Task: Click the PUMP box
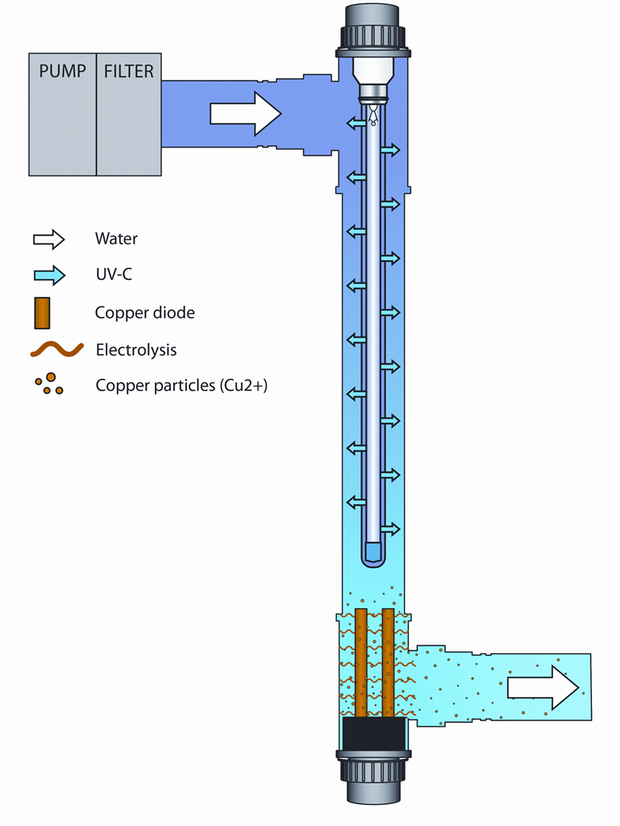[62, 114]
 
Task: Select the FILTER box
[129, 114]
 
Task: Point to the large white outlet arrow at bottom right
[543, 688]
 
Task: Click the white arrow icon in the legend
[48, 239]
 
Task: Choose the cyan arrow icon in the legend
[48, 275]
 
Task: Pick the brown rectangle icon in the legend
[43, 312]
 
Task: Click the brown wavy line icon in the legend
[56, 349]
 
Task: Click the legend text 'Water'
[116, 239]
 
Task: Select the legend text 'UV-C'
[114, 275]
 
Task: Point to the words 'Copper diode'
[144, 313]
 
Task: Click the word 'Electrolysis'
[135, 350]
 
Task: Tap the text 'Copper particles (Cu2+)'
[181, 386]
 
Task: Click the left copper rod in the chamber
[361, 661]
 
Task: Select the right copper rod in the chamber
[389, 661]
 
